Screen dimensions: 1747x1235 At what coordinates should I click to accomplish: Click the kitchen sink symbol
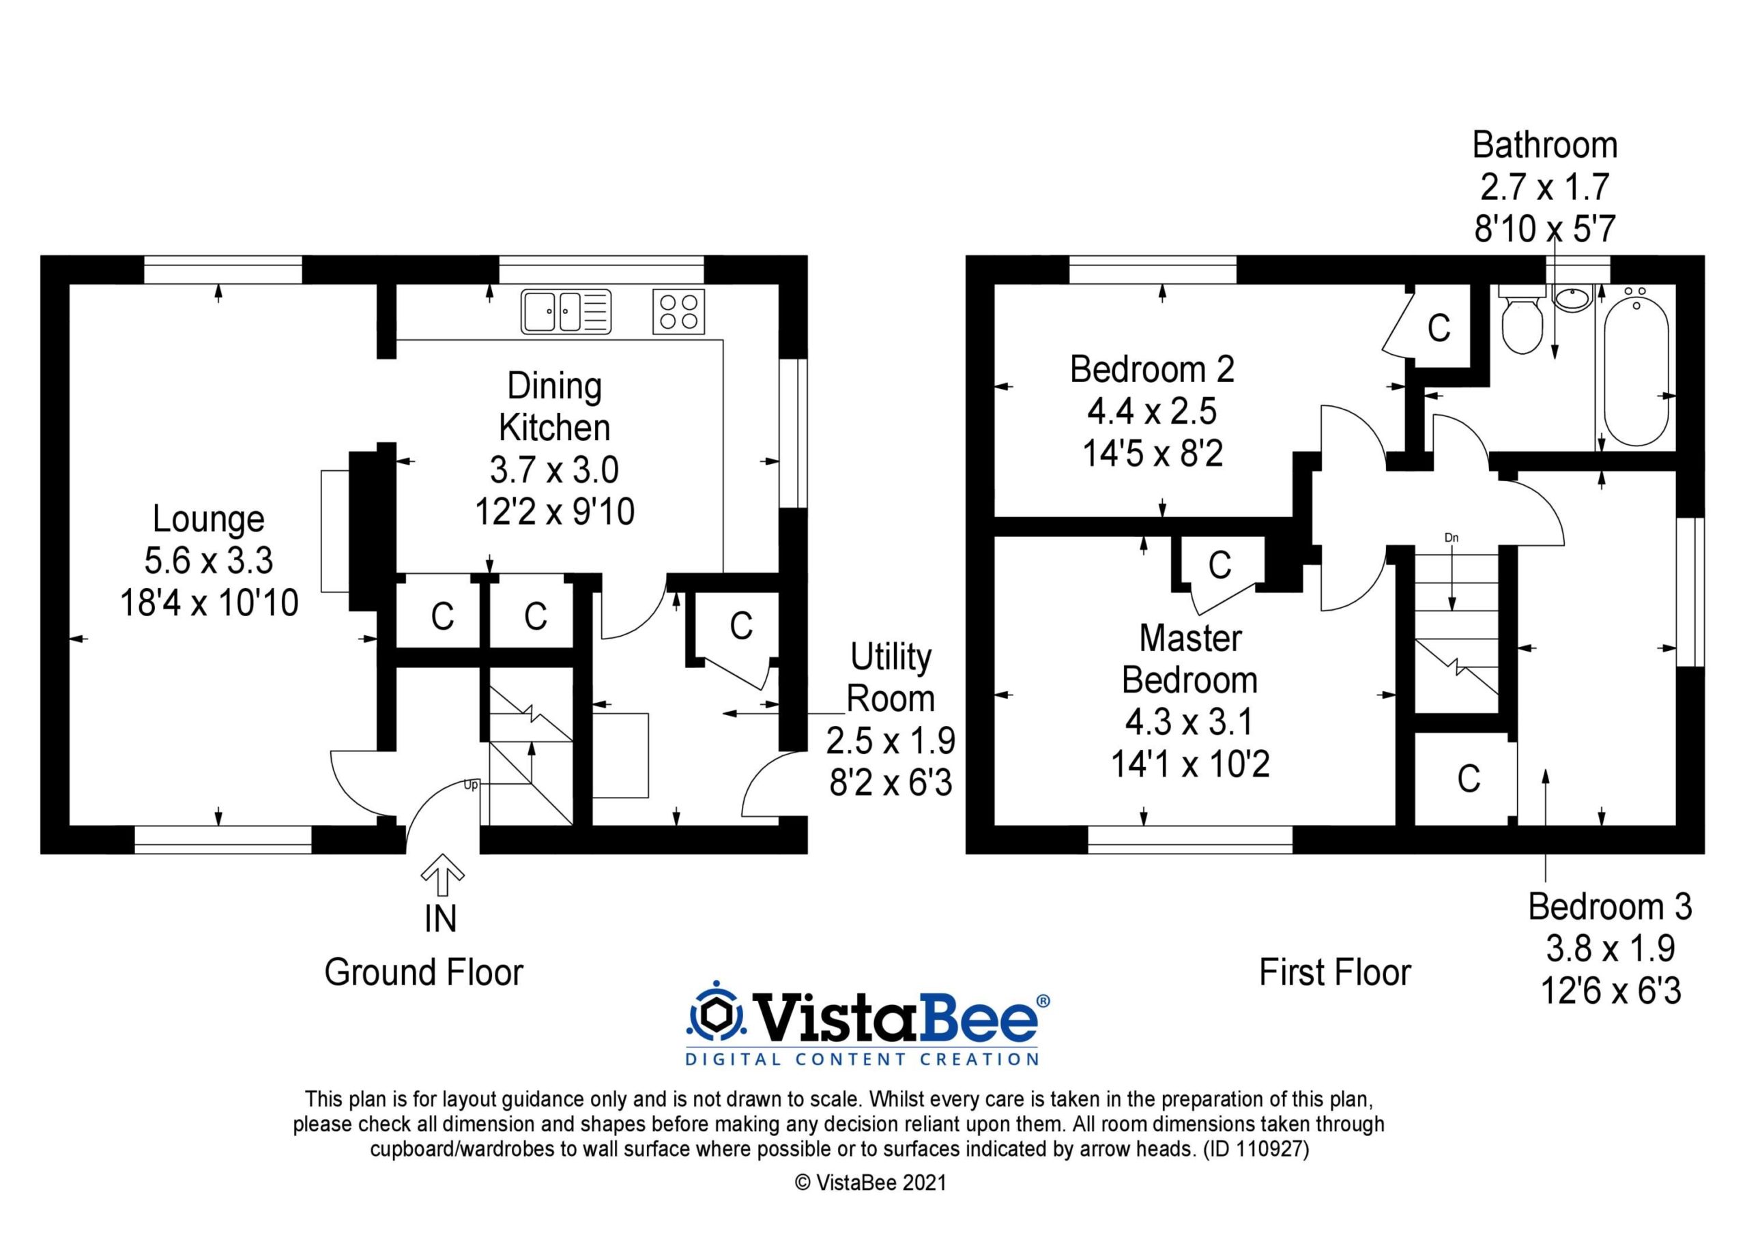[566, 312]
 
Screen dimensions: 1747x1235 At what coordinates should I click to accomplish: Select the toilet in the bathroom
[1522, 322]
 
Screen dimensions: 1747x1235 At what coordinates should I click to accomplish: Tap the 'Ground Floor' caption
[424, 972]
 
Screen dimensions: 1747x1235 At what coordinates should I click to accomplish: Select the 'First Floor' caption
[1335, 972]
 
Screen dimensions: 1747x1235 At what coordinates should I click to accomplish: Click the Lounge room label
[209, 519]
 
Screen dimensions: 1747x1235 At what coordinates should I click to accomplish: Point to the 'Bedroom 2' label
[1152, 369]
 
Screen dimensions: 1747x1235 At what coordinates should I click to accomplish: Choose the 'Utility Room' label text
[891, 678]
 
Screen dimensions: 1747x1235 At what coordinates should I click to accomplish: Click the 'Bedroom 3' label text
[1610, 907]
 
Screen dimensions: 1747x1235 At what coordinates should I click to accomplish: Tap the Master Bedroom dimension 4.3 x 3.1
[1189, 721]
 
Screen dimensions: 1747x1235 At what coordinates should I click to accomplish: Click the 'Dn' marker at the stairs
[1452, 538]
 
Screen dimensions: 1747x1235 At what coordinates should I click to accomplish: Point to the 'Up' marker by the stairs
[471, 785]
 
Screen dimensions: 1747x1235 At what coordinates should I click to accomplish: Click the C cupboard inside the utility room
[741, 626]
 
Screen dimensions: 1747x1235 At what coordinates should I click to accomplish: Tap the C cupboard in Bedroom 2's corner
[1439, 329]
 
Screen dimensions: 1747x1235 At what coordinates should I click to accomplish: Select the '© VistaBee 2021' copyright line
[871, 1182]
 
